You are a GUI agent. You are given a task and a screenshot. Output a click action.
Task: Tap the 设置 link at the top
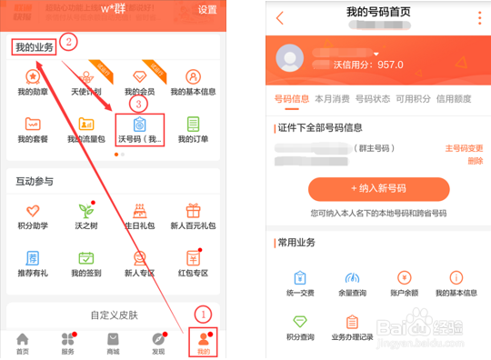point(207,10)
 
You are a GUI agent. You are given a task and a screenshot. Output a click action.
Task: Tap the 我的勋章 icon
point(33,77)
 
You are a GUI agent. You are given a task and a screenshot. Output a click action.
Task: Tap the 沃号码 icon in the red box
point(140,125)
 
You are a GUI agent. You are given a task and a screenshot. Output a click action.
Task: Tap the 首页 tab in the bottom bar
point(22,342)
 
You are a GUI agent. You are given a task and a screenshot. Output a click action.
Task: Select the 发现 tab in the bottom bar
point(158,342)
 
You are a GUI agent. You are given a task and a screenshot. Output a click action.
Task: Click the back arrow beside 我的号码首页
point(279,17)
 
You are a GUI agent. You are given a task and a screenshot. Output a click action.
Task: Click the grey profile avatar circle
point(291,58)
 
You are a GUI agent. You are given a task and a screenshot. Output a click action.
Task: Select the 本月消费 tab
point(332,98)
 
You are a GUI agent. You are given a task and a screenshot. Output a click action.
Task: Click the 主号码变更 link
point(464,148)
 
